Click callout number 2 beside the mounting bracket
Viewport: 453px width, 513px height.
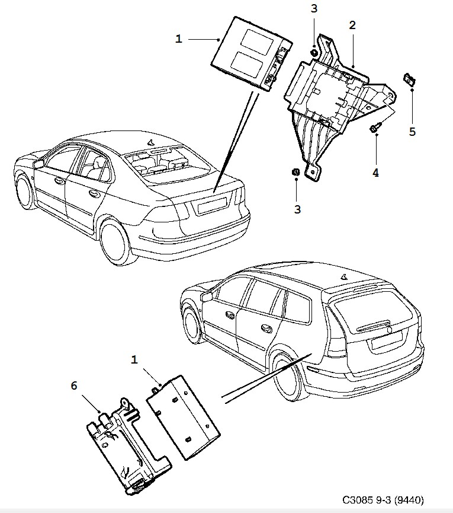coord(352,26)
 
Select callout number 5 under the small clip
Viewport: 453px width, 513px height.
coord(412,131)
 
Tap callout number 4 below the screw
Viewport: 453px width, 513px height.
coord(375,173)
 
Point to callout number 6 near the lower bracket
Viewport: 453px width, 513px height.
coord(74,386)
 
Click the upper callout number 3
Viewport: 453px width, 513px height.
coord(314,9)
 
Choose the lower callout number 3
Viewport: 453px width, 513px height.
coord(298,209)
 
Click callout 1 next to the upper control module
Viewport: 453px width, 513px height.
coord(179,39)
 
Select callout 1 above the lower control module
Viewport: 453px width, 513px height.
coord(134,359)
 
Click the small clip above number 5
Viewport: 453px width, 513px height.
coord(409,79)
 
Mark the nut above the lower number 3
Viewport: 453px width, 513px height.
coord(295,172)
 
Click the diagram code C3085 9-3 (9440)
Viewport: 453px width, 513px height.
coord(383,499)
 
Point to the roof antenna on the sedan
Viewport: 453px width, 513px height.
coord(150,141)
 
